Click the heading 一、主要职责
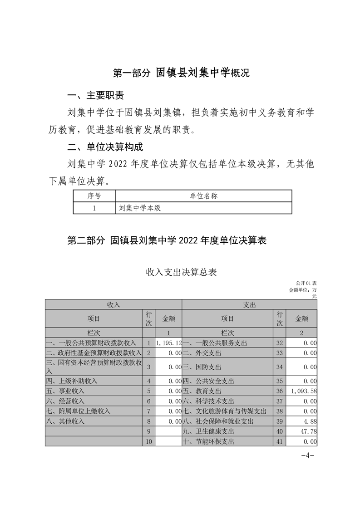point(95,96)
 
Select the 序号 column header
point(94,196)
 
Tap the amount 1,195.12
point(168,343)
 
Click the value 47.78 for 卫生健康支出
point(309,431)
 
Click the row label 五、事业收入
point(65,391)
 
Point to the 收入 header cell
point(113,305)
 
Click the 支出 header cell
point(250,305)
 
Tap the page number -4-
point(308,455)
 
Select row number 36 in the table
point(279,391)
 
